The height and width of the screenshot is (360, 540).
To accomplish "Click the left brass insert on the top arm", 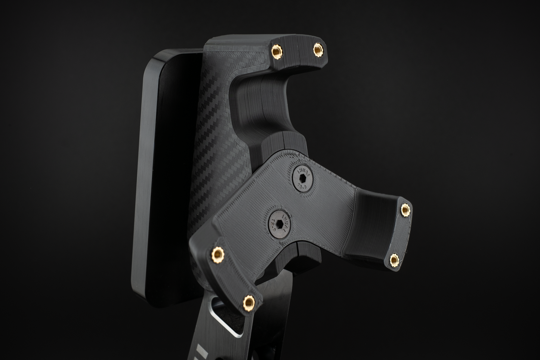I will click(x=277, y=49).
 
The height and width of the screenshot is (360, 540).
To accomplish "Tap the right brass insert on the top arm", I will click(x=318, y=47).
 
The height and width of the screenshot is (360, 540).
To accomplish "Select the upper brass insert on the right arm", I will click(x=405, y=209).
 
